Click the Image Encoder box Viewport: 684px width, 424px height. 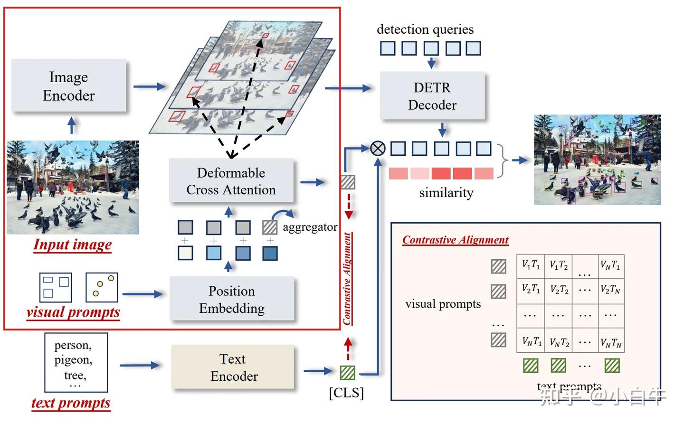click(69, 86)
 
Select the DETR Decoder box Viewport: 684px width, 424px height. click(432, 96)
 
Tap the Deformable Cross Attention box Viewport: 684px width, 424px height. click(231, 181)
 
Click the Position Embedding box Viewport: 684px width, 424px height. click(232, 300)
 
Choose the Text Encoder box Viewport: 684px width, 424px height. click(233, 367)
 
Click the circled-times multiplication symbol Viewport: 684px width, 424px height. click(378, 149)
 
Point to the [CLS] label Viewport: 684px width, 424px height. click(346, 393)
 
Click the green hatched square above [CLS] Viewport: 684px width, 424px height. click(348, 372)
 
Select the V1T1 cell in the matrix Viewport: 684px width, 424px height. click(531, 265)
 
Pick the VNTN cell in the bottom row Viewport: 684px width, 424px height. click(610, 341)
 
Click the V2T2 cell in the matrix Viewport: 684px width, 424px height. click(559, 289)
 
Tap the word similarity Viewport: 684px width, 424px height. click(446, 193)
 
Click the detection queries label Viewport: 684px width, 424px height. click(425, 29)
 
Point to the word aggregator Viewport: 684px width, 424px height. click(310, 227)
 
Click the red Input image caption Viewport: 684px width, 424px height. click(73, 245)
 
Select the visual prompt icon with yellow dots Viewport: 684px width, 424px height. click(102, 287)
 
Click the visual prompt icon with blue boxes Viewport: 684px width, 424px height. click(56, 287)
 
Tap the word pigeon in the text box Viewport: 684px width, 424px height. click(73, 360)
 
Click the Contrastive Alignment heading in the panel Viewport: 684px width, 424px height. click(455, 240)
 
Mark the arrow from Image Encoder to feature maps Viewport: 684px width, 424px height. click(149, 86)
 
